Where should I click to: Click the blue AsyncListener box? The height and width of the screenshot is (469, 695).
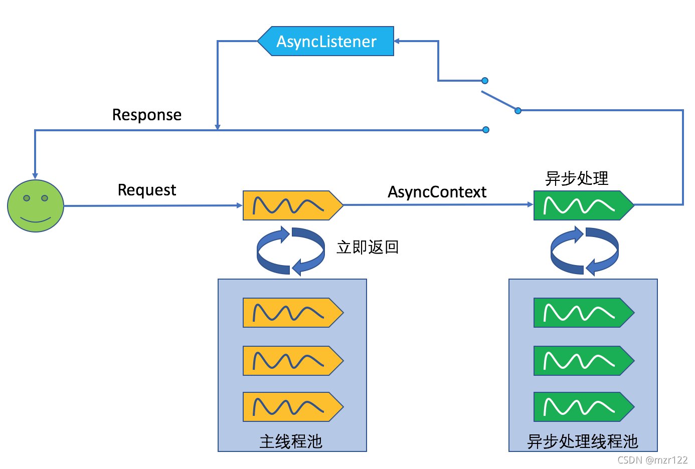tap(326, 41)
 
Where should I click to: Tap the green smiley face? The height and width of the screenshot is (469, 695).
tap(36, 206)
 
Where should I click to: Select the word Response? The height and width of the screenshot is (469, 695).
tap(146, 115)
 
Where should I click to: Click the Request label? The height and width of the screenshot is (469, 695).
tap(147, 190)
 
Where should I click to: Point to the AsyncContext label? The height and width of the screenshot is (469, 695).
tap(437, 192)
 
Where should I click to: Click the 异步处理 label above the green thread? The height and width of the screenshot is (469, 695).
tap(577, 178)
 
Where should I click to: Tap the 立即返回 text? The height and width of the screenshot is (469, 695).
tap(368, 247)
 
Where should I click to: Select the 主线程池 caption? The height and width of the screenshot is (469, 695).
tap(291, 441)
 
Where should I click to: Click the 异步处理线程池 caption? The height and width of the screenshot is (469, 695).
tap(582, 441)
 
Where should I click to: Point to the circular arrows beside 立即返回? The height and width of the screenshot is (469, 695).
tap(291, 251)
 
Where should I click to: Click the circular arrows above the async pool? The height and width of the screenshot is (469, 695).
tap(584, 251)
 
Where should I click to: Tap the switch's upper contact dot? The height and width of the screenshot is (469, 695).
tap(484, 81)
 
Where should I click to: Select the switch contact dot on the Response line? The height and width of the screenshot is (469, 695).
tap(485, 130)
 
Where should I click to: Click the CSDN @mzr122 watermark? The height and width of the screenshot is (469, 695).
tap(652, 460)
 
